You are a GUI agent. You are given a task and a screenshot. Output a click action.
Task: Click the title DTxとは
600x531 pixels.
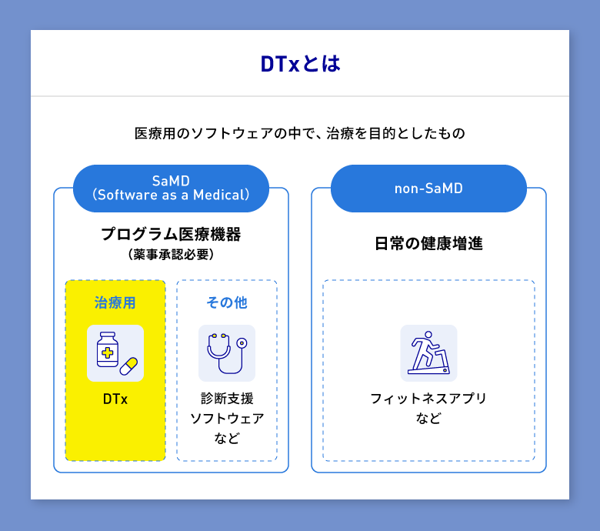click(300, 64)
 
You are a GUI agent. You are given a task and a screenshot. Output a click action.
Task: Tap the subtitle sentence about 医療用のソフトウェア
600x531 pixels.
click(300, 133)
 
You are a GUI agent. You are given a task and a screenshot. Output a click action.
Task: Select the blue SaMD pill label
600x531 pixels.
click(171, 189)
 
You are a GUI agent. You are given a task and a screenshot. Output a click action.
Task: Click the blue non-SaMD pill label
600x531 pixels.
click(428, 189)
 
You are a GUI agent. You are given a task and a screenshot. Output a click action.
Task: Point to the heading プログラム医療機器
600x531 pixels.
click(171, 234)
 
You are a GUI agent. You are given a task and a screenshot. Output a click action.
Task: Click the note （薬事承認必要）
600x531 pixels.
click(171, 254)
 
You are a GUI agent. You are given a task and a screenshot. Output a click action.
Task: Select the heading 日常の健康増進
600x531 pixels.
click(428, 244)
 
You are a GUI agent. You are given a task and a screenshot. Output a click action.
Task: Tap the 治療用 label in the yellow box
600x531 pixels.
click(115, 302)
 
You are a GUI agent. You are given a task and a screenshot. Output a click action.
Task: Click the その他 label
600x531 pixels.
click(227, 302)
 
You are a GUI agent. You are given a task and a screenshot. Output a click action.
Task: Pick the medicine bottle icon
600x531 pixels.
click(108, 351)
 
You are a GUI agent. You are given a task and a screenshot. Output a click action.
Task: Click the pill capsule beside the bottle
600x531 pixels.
click(128, 366)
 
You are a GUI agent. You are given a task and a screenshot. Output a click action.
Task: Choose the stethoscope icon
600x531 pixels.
click(227, 353)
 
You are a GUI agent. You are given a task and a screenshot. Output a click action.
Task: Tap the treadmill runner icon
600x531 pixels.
click(428, 353)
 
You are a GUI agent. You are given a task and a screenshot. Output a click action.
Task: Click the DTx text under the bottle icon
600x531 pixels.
click(115, 399)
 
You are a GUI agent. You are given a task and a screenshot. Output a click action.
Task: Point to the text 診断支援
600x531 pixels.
click(227, 399)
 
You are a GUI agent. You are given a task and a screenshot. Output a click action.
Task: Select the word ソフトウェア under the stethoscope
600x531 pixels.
click(227, 419)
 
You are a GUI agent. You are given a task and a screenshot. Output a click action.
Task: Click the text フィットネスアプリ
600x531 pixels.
click(428, 399)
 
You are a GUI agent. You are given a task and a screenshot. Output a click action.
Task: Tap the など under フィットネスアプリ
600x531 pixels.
click(428, 419)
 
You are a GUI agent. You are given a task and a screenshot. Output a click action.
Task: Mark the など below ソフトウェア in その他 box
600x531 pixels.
click(227, 439)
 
